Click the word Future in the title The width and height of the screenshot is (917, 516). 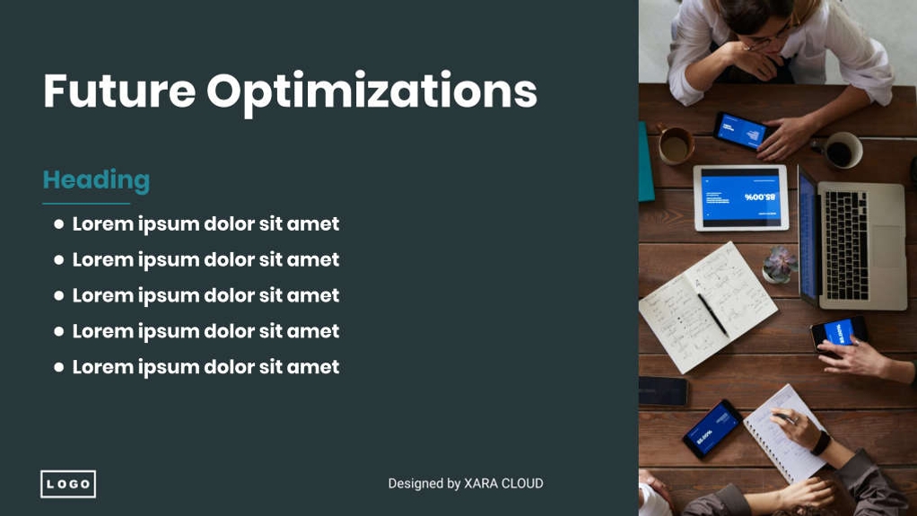118,91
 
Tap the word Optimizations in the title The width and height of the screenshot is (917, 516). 371,92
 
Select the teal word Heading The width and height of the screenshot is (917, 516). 96,180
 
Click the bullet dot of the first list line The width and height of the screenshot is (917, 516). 59,223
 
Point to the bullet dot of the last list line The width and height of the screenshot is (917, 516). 59,367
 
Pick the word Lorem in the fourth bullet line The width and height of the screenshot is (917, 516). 102,331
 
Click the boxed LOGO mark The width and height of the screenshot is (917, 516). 68,484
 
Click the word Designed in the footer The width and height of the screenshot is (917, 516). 416,484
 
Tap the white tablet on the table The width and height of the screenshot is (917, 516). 740,197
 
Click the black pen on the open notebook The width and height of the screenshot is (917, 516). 713,313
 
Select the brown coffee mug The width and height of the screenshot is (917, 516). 675,145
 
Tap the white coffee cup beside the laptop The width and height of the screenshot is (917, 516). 842,150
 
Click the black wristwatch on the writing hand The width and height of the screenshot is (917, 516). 820,442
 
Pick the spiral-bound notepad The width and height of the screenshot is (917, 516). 785,431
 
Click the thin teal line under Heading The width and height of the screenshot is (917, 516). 86,204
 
